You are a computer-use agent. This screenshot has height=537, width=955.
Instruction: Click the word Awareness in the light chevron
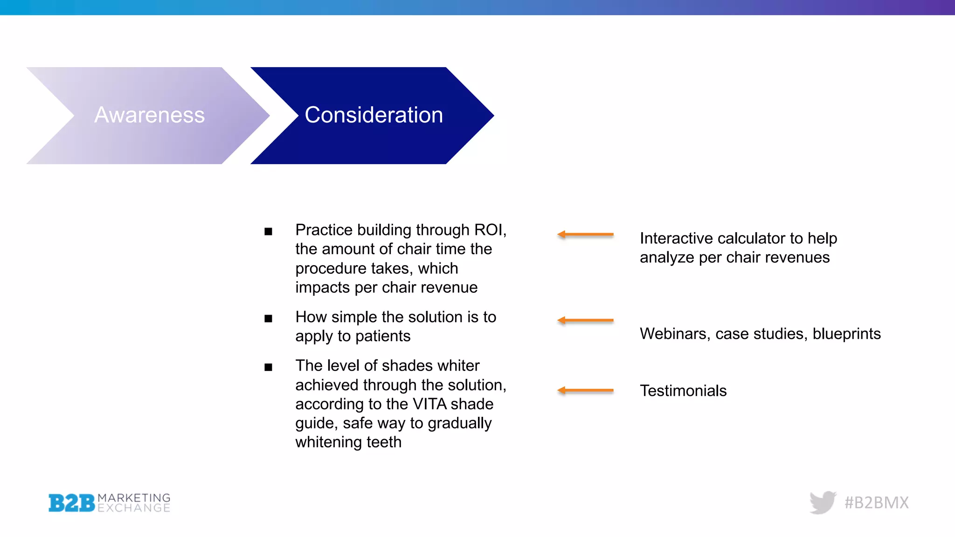[149, 115]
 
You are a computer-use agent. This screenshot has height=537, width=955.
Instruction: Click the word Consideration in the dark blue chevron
[374, 115]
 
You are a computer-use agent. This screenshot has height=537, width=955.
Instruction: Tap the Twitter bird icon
[823, 502]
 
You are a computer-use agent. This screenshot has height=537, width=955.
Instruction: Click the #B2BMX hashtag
[877, 503]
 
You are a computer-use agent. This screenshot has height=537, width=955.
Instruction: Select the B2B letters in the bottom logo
[71, 503]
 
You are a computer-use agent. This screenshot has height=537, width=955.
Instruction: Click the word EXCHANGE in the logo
[134, 508]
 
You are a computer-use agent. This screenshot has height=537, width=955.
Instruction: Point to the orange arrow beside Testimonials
[585, 390]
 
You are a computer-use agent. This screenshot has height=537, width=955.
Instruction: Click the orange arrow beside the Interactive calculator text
[585, 234]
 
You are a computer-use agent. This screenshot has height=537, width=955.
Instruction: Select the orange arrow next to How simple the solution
[585, 320]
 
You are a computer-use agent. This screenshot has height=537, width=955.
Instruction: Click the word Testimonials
[683, 391]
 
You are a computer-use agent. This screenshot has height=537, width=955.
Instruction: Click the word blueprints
[846, 334]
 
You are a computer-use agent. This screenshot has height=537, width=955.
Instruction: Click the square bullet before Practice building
[268, 232]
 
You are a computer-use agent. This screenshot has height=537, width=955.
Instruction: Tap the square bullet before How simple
[268, 319]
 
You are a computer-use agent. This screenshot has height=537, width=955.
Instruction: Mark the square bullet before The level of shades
[268, 367]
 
